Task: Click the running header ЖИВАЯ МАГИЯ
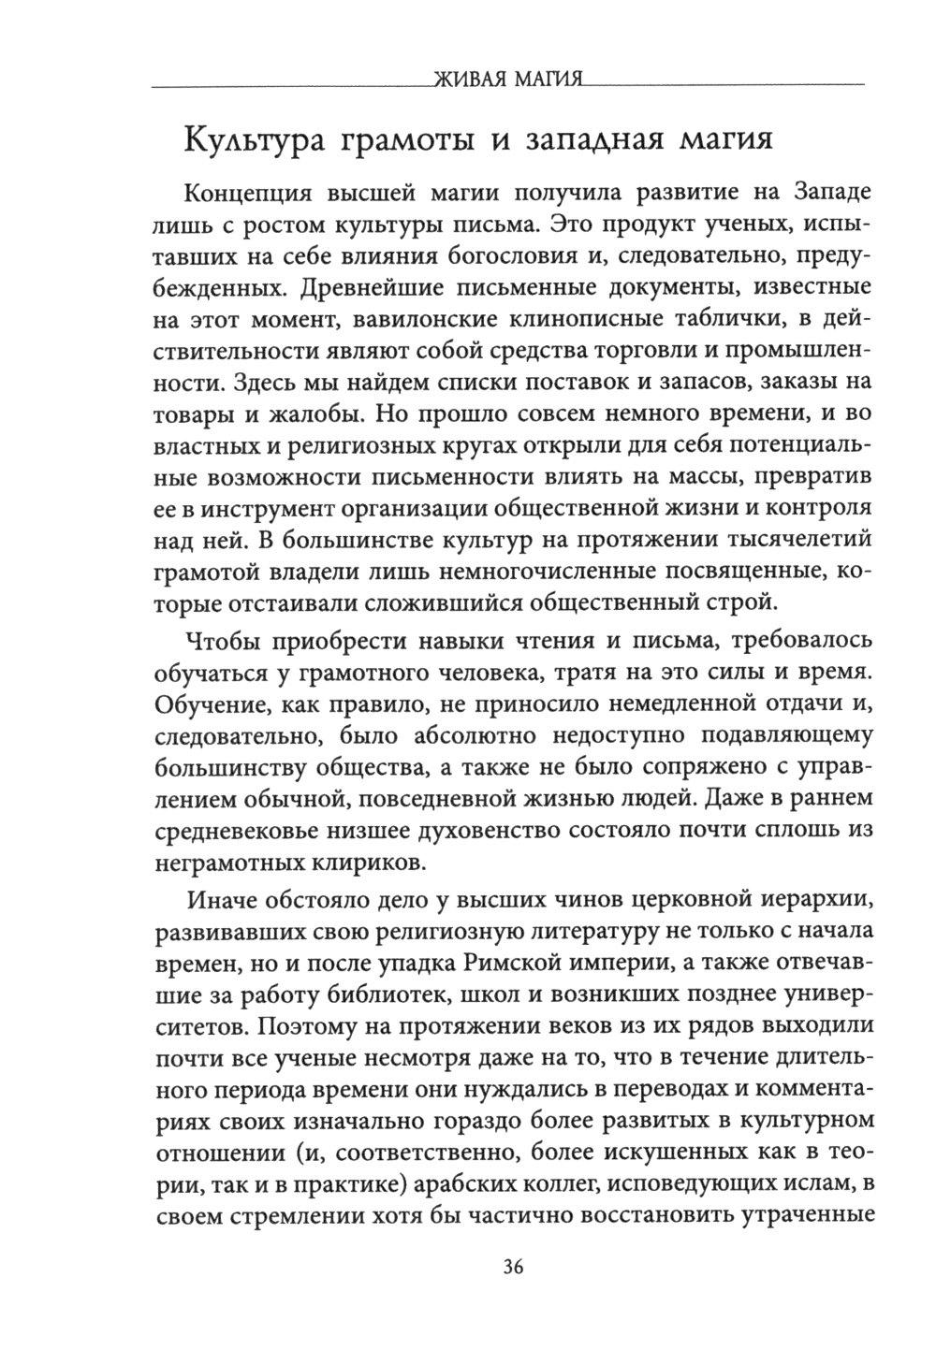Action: pos(505,79)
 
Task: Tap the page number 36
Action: pos(513,1268)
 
